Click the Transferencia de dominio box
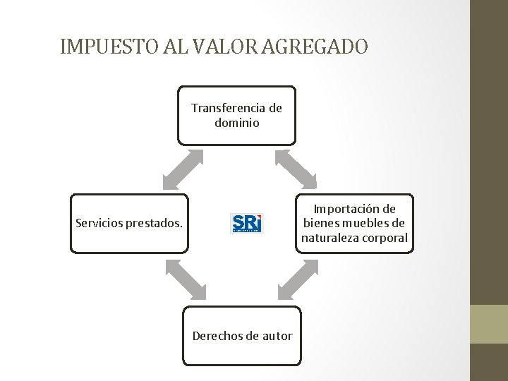pos(236,116)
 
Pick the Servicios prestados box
pos(129,223)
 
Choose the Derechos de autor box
pos(242,336)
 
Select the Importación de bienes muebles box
pos(354,223)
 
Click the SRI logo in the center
pos(247,223)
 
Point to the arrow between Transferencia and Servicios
pos(183,169)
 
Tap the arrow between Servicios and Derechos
pos(186,280)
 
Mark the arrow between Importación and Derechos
pos(298,279)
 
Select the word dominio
pos(237,123)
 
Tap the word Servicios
pos(99,224)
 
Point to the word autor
pos(277,336)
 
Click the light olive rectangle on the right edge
pos(489,324)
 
